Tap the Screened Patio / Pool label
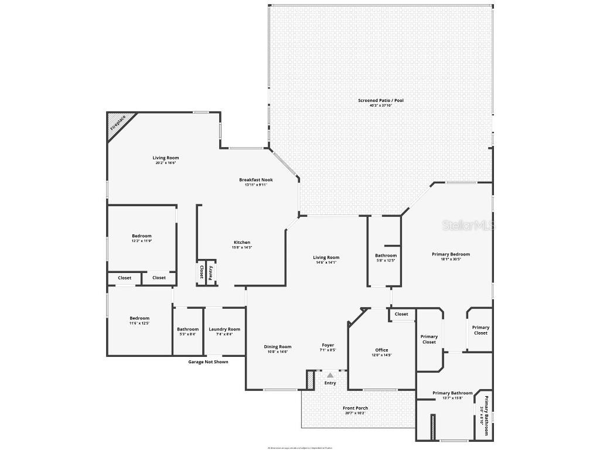381,101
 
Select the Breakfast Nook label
255,180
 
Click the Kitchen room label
242,243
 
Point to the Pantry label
210,272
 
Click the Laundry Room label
224,329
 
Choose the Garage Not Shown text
208,362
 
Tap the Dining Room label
278,347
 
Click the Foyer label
328,345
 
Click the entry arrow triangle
330,375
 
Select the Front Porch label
355,408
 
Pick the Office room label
381,350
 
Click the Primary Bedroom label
451,254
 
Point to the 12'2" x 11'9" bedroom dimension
141,241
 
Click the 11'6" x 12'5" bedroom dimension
139,323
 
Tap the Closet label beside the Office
401,314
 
